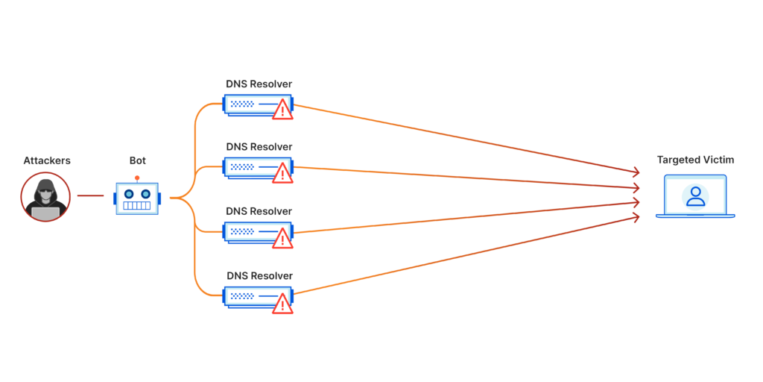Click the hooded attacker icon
(x=45, y=197)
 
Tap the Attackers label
(x=46, y=160)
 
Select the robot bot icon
(x=137, y=198)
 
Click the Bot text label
(x=137, y=160)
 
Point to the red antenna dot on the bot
(x=137, y=178)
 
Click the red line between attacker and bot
(x=90, y=196)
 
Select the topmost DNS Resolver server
(x=253, y=104)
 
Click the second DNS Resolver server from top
(x=253, y=167)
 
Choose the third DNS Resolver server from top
(x=253, y=232)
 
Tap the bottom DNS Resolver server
(x=253, y=296)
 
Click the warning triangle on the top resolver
(x=282, y=110)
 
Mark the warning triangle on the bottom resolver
(x=282, y=304)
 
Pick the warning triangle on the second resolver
(x=282, y=175)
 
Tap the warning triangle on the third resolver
(x=282, y=239)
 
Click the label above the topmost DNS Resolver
(x=259, y=84)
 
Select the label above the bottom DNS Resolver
(x=259, y=275)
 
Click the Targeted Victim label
(x=694, y=160)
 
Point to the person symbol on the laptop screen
(x=695, y=196)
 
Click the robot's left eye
(x=128, y=194)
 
